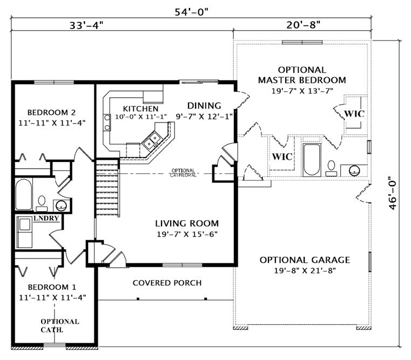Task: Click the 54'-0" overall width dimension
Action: click(191, 11)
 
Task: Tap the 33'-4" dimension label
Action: click(86, 25)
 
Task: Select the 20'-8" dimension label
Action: click(304, 25)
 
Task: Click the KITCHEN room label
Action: click(141, 108)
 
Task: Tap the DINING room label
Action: click(204, 106)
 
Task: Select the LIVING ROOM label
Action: click(187, 223)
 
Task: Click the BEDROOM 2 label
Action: click(51, 112)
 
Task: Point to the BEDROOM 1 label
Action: click(52, 287)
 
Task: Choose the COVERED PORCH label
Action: click(167, 283)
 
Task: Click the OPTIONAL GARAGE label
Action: click(305, 260)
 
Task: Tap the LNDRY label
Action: click(46, 218)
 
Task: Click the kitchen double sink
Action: click(151, 140)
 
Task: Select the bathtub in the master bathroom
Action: click(312, 160)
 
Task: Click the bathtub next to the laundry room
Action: click(24, 194)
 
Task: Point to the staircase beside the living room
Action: click(107, 187)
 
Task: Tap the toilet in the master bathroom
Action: click(331, 168)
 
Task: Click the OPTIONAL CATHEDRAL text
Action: click(183, 173)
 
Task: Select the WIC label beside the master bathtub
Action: click(282, 157)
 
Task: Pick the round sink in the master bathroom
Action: click(354, 171)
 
